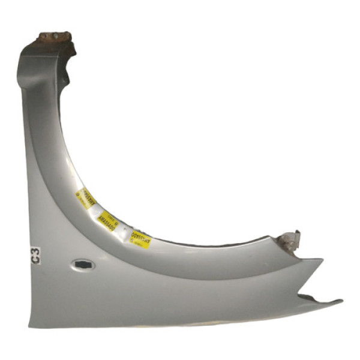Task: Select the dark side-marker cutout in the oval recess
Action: tap(82, 264)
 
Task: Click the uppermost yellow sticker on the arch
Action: tap(86, 199)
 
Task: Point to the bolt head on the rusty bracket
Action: tap(53, 36)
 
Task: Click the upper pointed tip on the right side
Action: tap(322, 260)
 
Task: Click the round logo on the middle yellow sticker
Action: tap(115, 224)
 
